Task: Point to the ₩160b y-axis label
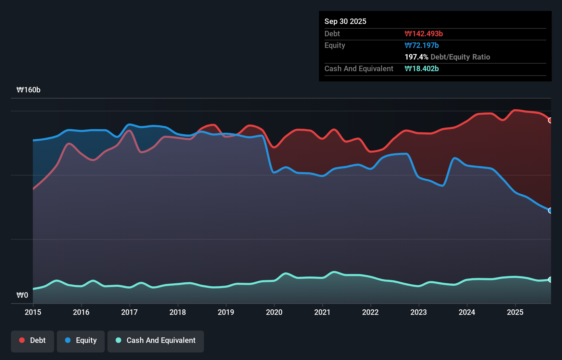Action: pyautogui.click(x=28, y=90)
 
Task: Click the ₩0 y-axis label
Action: pyautogui.click(x=22, y=295)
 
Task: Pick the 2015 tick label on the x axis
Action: pyautogui.click(x=33, y=312)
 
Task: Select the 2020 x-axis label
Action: pyautogui.click(x=274, y=312)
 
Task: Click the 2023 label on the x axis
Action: pyautogui.click(x=419, y=312)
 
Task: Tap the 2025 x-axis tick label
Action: pyautogui.click(x=515, y=312)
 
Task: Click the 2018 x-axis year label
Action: pyautogui.click(x=178, y=312)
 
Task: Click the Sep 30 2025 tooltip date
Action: pyautogui.click(x=345, y=22)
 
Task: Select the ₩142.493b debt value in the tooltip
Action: pyautogui.click(x=424, y=34)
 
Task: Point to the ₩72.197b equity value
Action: pyautogui.click(x=422, y=46)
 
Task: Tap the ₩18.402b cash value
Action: pyautogui.click(x=422, y=69)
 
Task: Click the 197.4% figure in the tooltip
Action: pyautogui.click(x=416, y=57)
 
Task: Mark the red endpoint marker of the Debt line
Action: pyautogui.click(x=550, y=120)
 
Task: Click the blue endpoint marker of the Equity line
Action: pyautogui.click(x=550, y=211)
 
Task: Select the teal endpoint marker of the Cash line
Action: pyautogui.click(x=550, y=280)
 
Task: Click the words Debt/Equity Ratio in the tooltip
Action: pyautogui.click(x=460, y=57)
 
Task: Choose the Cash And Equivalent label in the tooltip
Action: pyautogui.click(x=359, y=69)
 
